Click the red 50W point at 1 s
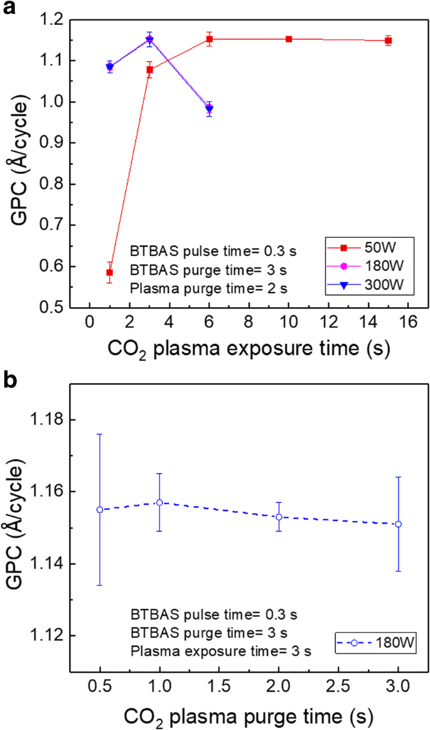[110, 272]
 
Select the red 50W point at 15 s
[389, 41]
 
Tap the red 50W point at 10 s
[289, 39]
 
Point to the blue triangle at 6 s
[209, 110]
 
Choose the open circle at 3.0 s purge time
[398, 524]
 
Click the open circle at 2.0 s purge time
[279, 517]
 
